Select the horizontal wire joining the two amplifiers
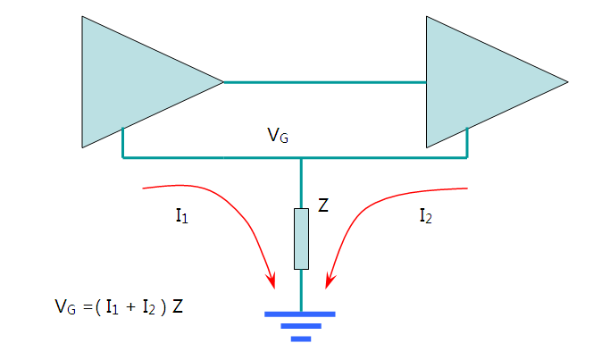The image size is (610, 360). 325,82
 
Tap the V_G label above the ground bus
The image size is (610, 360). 278,136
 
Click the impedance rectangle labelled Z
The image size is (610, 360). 301,239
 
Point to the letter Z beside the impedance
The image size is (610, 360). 323,205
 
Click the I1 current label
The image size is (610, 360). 182,216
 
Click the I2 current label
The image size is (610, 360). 426,216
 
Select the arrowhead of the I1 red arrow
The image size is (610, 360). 272,280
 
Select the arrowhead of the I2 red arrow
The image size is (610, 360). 330,280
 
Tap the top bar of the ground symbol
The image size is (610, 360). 300,314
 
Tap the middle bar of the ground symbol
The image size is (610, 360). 301,326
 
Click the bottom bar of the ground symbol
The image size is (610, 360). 301,339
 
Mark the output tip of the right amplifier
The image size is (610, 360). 568,82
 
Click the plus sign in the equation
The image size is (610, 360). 131,307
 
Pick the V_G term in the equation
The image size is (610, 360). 65,306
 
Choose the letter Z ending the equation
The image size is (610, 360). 178,306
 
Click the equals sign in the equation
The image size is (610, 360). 88,308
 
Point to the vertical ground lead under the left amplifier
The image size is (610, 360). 123,142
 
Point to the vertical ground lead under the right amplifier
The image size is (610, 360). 467,142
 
